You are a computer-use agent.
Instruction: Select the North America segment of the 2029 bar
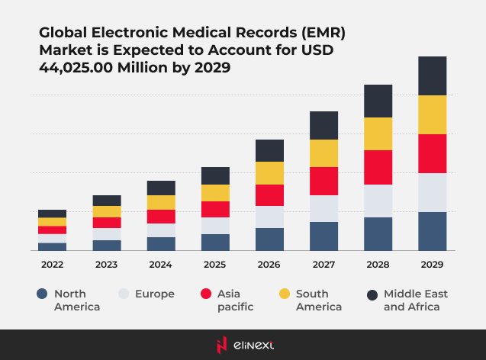[432, 231]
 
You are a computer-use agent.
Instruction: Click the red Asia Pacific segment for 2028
[378, 167]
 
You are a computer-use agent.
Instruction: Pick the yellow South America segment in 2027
[323, 153]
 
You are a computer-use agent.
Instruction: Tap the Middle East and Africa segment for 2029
[432, 76]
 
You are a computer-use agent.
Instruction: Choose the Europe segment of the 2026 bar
[269, 217]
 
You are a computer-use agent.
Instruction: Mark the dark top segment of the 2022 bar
[53, 214]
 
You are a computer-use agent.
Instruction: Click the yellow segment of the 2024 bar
[161, 202]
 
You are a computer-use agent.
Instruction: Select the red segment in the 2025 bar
[215, 209]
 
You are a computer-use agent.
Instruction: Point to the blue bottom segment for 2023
[107, 245]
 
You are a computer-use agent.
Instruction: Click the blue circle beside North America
[41, 294]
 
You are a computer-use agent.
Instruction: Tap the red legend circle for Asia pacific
[205, 294]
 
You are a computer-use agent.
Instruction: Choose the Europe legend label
[155, 294]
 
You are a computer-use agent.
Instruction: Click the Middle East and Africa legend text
[415, 300]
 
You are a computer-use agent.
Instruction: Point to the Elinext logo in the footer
[243, 345]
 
